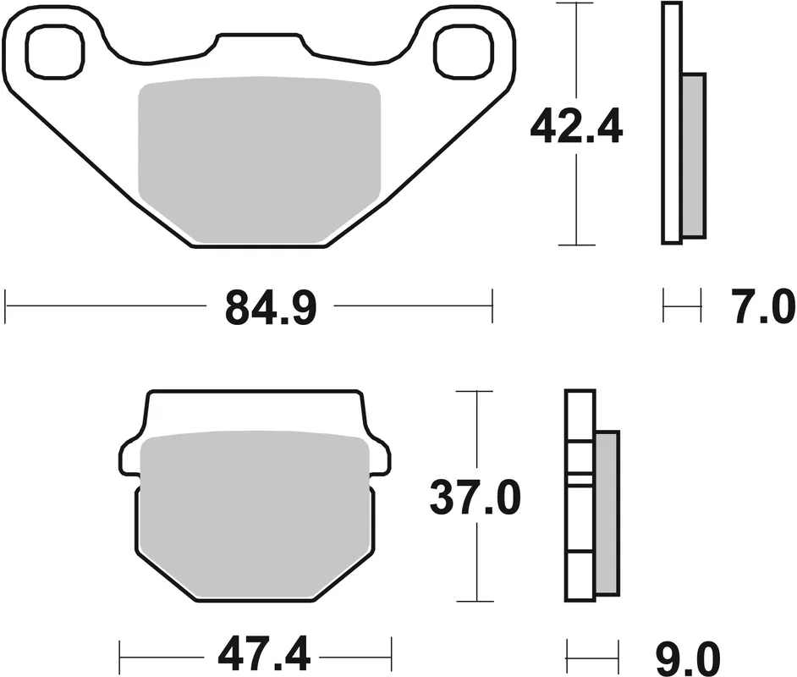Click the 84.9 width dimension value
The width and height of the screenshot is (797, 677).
[271, 309]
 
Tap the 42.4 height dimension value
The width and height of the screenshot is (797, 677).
[576, 129]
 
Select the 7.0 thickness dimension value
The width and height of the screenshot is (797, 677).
[761, 308]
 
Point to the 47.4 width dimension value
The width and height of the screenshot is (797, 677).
[256, 654]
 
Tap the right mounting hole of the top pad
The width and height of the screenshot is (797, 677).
[462, 49]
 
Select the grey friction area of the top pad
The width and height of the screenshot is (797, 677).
[258, 157]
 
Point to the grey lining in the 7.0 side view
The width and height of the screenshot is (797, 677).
[692, 154]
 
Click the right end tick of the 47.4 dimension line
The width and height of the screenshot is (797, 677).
[391, 653]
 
